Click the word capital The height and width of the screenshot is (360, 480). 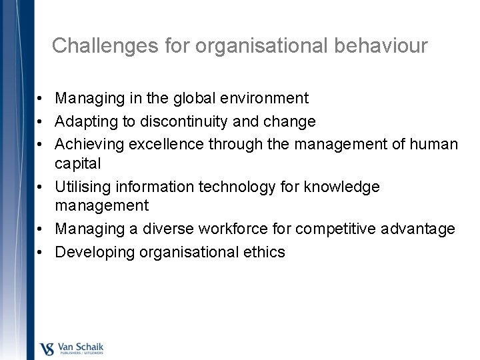pyautogui.click(x=79, y=163)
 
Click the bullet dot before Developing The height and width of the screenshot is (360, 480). pyautogui.click(x=41, y=252)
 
